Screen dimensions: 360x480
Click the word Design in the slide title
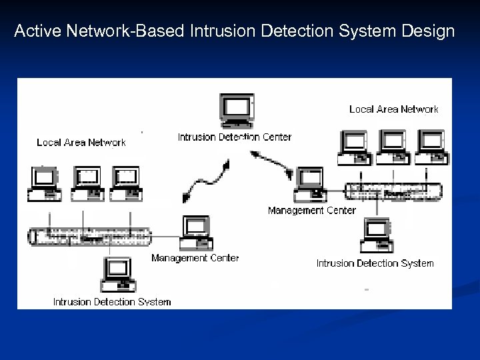click(427, 31)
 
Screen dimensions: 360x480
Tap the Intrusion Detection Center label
click(235, 137)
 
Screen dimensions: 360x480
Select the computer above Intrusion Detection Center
click(237, 111)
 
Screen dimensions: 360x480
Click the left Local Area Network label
click(81, 142)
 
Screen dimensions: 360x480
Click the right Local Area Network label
click(394, 109)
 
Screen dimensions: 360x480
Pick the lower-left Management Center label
click(195, 257)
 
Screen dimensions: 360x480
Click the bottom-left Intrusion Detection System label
click(112, 301)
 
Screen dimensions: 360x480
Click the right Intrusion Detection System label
click(375, 263)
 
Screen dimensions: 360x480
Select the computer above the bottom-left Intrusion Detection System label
click(116, 275)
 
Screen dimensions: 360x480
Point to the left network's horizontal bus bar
click(90, 235)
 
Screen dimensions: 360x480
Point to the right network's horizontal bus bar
click(393, 190)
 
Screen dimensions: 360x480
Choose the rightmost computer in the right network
click(430, 147)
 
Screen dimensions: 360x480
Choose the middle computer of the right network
click(393, 147)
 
